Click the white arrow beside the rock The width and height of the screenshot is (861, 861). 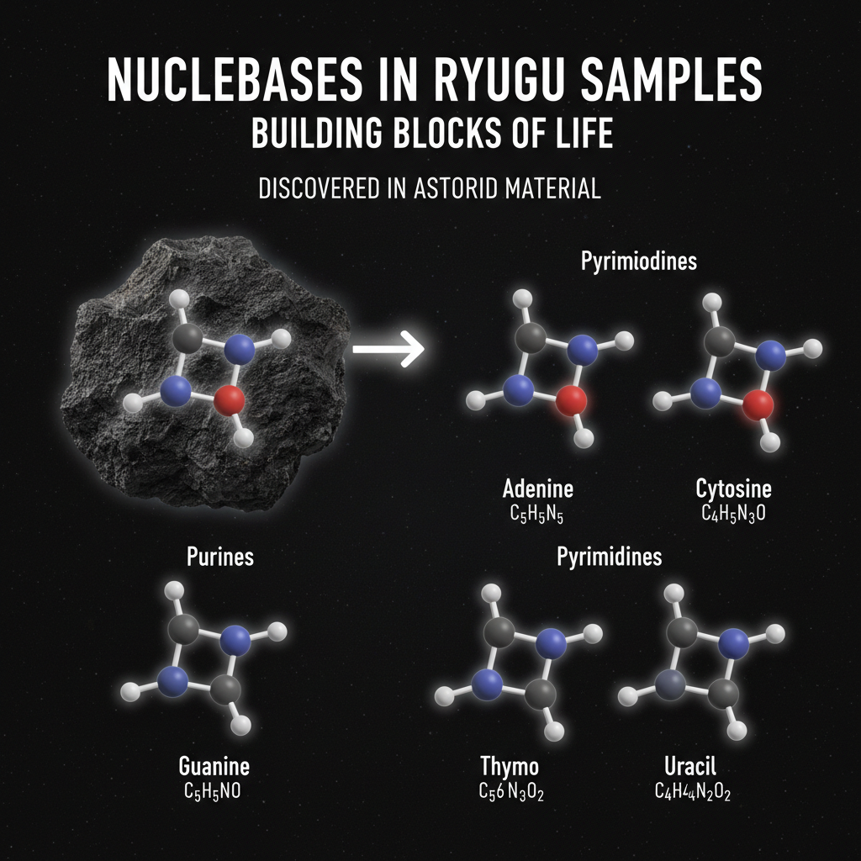tap(388, 348)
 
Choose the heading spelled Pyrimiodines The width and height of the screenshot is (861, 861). tap(638, 261)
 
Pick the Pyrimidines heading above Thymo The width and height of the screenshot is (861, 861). tap(610, 556)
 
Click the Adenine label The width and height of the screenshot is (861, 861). tap(537, 489)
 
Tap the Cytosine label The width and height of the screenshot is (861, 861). tap(733, 489)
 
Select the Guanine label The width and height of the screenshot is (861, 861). tap(214, 767)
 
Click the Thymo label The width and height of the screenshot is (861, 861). tap(510, 767)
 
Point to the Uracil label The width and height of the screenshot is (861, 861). tap(689, 767)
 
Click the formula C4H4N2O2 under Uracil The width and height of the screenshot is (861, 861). tap(692, 792)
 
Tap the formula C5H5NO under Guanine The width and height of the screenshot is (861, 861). tap(214, 792)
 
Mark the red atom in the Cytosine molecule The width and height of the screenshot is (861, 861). tap(758, 404)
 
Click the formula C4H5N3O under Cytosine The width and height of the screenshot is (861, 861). tap(734, 513)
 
